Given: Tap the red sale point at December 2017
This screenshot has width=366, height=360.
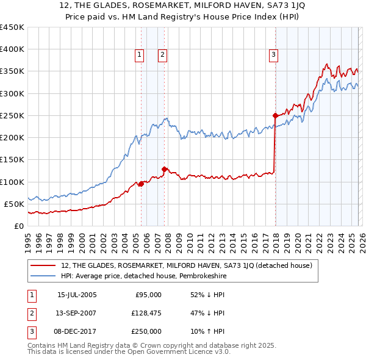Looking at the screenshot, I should [275, 115].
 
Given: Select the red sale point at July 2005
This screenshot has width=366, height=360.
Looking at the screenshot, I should [141, 184].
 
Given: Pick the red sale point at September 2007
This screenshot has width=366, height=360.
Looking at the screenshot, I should [164, 169].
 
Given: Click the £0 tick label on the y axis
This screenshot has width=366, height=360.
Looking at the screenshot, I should [19, 226].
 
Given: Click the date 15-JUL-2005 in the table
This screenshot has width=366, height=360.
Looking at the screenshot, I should [77, 295].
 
